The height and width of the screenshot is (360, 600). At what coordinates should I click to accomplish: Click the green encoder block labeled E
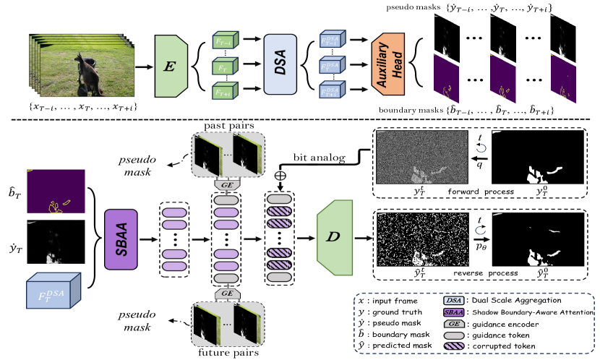coord(171,67)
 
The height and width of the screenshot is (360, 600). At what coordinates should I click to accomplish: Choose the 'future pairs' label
coord(227,353)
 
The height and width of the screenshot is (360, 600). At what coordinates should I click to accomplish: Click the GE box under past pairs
coord(227,184)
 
